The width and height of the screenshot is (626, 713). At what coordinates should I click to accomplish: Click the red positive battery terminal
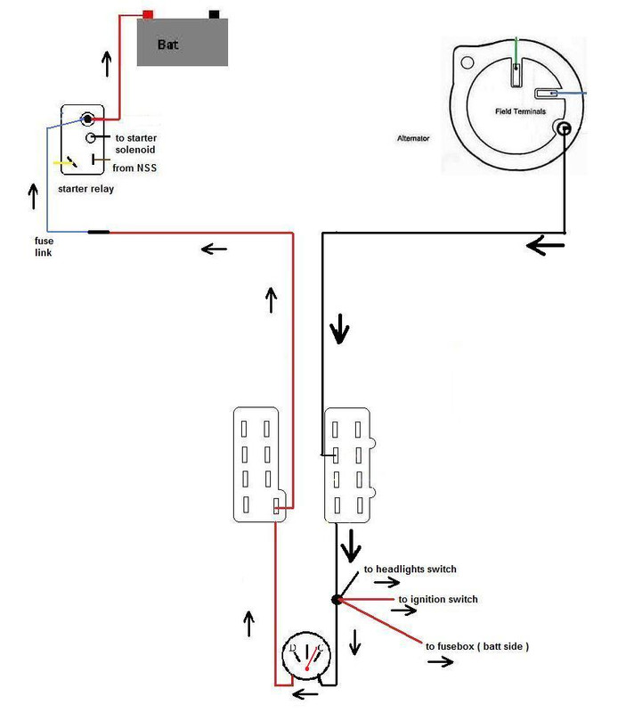tap(148, 14)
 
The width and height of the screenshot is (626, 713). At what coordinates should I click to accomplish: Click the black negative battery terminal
tap(214, 14)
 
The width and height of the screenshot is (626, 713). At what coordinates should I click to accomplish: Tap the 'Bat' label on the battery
tap(167, 45)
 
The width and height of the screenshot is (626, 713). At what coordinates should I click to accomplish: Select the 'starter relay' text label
tap(85, 189)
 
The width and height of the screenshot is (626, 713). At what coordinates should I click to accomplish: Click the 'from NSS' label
tap(134, 168)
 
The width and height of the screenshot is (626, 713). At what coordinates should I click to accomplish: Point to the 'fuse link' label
tap(44, 247)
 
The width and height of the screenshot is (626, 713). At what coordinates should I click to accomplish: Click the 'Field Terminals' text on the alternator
tap(520, 111)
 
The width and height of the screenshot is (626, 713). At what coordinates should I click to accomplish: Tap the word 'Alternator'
tap(413, 138)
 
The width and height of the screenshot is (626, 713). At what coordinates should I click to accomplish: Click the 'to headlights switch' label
tap(410, 569)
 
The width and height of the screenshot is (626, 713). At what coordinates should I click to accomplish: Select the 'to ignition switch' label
tap(438, 599)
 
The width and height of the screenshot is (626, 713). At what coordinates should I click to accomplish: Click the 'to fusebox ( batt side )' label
tap(477, 646)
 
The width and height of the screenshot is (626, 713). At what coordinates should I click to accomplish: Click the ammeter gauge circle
tap(306, 655)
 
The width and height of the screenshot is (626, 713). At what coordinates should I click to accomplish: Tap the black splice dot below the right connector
tap(337, 600)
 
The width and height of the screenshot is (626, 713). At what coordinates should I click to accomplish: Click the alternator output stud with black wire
tap(564, 128)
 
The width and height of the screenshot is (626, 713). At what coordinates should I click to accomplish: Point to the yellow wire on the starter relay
tap(61, 162)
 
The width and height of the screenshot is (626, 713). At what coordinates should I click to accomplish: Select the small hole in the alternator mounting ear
tap(467, 62)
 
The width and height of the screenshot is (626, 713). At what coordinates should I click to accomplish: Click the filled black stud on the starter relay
tap(87, 119)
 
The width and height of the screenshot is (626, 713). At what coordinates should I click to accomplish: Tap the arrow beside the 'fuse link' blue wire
tap(33, 196)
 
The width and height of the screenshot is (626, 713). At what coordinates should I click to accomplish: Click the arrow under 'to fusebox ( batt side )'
tap(440, 661)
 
